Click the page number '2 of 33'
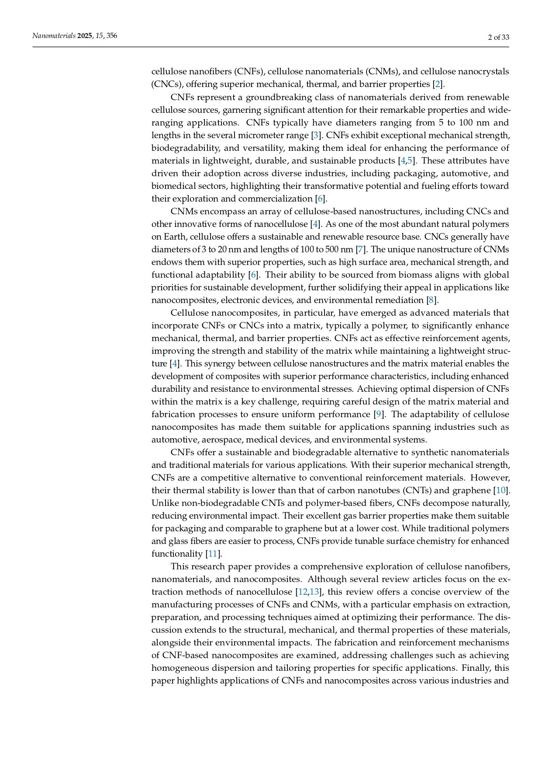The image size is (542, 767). click(x=498, y=38)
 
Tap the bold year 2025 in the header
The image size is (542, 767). click(x=85, y=36)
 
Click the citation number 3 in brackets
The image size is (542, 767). click(x=316, y=135)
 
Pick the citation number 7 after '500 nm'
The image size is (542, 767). click(x=361, y=250)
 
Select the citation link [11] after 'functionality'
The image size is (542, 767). click(x=213, y=554)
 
